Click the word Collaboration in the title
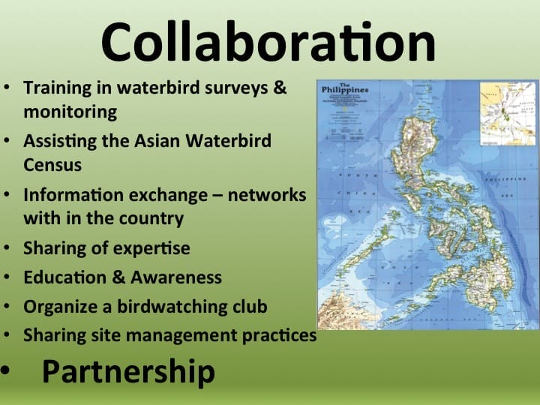tap(268, 41)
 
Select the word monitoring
tap(70, 112)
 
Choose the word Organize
tap(58, 307)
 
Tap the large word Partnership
tap(128, 371)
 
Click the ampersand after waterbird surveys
tap(280, 88)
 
